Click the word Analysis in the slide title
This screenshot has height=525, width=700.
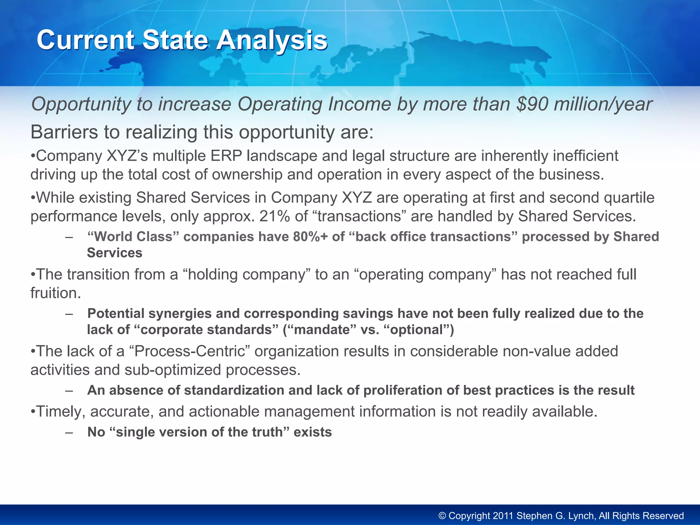click(272, 40)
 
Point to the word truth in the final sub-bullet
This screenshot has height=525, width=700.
click(267, 432)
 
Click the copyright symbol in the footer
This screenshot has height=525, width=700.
click(442, 516)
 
